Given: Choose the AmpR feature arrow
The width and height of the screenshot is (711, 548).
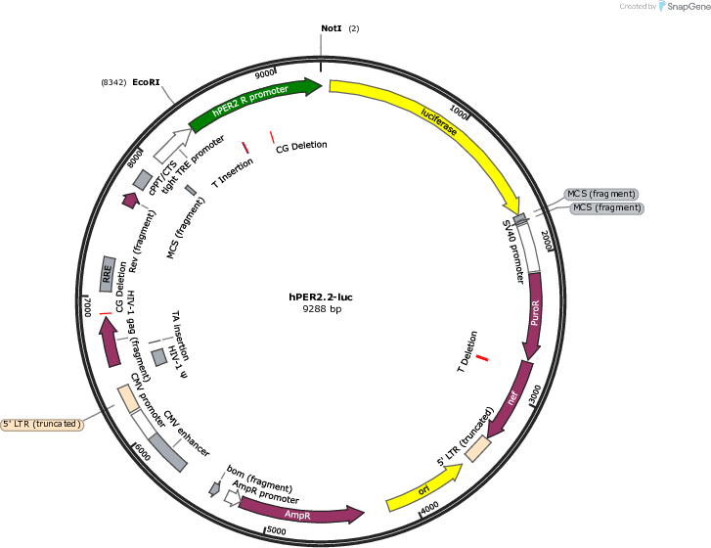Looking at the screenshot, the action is coord(299,514).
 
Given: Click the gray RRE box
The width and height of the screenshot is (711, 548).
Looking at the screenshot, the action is coord(107,274).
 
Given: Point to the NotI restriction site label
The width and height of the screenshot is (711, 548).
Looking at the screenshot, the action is coord(331,28).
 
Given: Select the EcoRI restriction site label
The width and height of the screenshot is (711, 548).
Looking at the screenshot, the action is coord(146,82).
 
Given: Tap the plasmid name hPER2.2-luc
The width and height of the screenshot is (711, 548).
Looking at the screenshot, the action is coord(321,297).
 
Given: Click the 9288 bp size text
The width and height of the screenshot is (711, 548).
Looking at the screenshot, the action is coord(322,309).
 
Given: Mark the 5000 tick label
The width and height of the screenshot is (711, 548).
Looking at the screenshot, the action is coord(276,530).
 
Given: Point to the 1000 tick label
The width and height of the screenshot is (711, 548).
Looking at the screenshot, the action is coord(459,112).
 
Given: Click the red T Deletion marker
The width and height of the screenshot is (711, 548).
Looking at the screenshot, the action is coord(482,358).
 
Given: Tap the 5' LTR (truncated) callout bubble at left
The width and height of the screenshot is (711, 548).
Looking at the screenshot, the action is coord(42,424).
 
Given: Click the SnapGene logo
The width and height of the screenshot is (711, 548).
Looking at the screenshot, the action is coord(685,6).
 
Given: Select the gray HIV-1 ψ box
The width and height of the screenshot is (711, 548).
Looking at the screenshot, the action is coord(159,357).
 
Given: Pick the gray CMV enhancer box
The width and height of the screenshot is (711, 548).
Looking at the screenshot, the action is coord(168,452).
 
